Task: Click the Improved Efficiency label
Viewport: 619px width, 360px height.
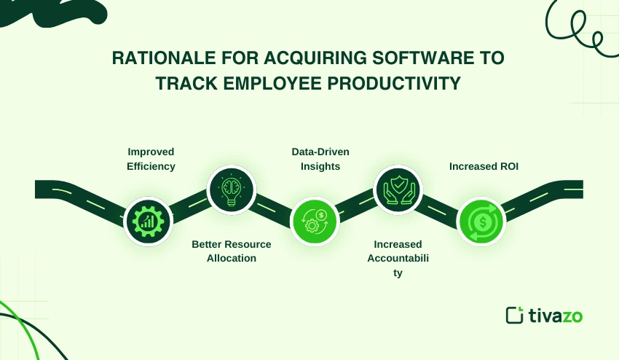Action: click(151, 159)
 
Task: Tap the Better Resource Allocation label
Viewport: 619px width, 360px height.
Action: click(232, 251)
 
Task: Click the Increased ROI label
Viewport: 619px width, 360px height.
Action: click(483, 166)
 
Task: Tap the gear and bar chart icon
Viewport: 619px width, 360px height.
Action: click(148, 220)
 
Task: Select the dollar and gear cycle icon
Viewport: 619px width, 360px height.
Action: click(315, 221)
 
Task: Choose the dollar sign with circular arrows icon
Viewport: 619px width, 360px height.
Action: click(481, 221)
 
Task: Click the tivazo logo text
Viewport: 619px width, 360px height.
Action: click(556, 316)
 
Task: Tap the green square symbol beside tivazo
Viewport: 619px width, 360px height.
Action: click(515, 316)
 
